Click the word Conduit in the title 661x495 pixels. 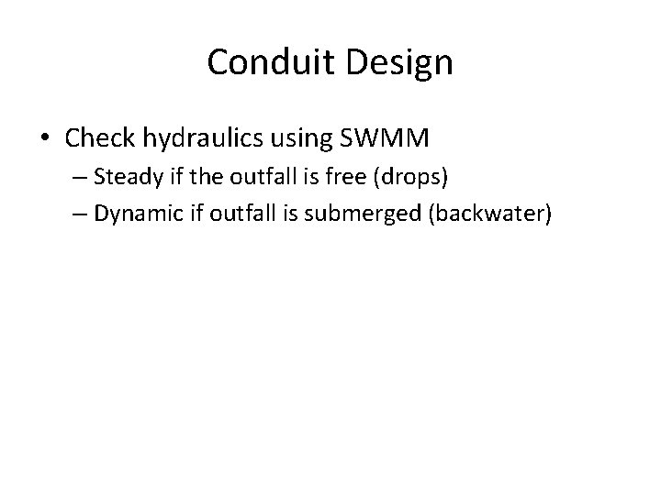[x=268, y=62]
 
